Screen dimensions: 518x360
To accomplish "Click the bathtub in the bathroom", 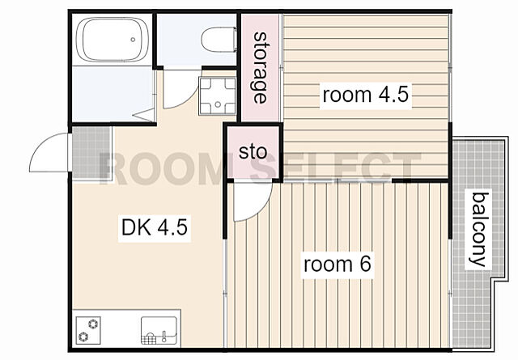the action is point(113,40).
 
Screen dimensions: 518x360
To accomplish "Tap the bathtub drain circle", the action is point(133,40).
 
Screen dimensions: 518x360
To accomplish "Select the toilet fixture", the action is point(219,40).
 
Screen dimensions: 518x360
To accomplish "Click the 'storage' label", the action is point(260,68).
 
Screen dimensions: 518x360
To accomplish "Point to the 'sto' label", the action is point(253,152).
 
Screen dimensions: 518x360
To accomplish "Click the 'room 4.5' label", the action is point(365,95).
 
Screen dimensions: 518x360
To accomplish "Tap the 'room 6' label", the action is point(338,265).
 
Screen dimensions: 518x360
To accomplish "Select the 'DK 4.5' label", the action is point(155,227).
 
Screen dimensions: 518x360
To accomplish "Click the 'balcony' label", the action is point(479,230).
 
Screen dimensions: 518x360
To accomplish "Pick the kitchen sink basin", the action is point(159,330).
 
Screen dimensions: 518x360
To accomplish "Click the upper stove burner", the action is point(94,324).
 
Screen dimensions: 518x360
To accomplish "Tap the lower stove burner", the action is point(83,337).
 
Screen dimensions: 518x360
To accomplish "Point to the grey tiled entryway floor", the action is point(91,153).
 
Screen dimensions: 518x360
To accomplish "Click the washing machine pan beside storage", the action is point(218,95).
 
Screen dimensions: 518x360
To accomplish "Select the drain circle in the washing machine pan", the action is point(218,104).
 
